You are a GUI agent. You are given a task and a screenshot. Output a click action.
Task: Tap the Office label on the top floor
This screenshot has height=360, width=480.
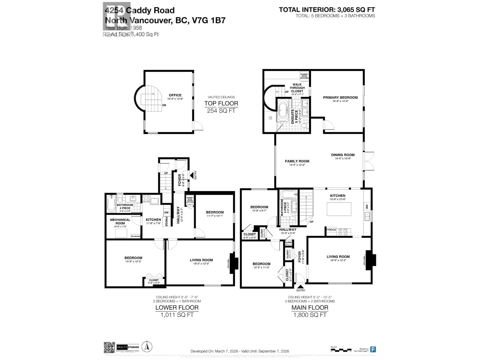pos(175,95)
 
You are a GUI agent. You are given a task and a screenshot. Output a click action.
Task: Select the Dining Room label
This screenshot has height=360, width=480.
pos(343,155)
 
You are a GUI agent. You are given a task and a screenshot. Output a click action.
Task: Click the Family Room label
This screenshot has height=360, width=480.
pos(297,161)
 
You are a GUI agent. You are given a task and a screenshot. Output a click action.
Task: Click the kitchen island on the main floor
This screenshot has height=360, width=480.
pos(339,209)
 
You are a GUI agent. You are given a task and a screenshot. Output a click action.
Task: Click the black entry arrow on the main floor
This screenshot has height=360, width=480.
pos(300,287)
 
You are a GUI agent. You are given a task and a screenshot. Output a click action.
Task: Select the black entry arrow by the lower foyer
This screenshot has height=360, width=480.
pos(191,175)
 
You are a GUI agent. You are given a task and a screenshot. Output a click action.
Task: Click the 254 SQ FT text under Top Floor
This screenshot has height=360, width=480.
pos(221,111)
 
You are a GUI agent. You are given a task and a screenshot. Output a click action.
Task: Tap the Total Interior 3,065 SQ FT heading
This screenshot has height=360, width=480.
pos(327,10)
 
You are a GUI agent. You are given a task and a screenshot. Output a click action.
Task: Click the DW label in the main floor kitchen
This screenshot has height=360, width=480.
pos(367,206)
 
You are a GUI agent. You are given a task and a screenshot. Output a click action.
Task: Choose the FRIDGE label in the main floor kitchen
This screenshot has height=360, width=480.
pos(331,230)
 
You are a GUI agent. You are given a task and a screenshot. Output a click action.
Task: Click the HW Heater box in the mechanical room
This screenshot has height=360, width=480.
pos(136,236)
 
